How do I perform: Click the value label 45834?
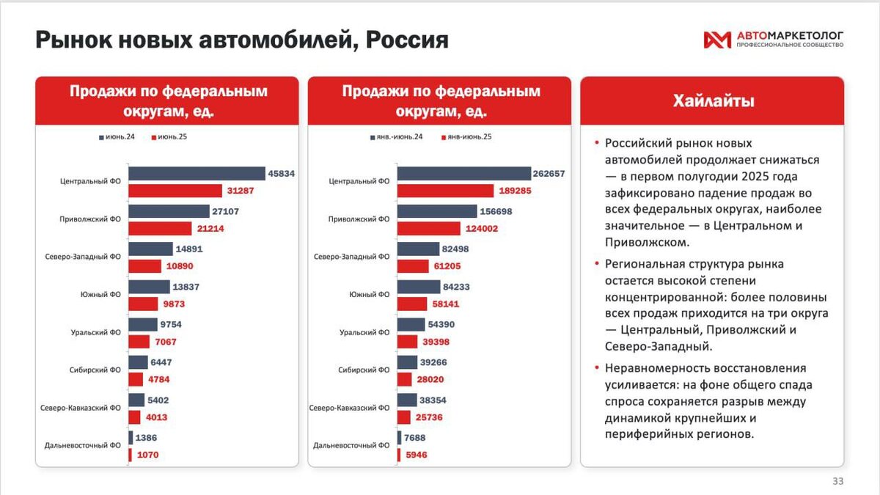click(282, 174)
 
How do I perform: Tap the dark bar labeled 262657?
click(463, 174)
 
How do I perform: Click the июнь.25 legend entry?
click(169, 137)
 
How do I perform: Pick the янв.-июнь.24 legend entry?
click(396, 137)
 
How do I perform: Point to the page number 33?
click(837, 481)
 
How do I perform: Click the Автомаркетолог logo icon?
click(716, 40)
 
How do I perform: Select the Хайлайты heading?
click(713, 101)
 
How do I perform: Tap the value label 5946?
click(415, 455)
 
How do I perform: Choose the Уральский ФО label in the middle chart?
click(364, 333)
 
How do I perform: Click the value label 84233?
click(456, 287)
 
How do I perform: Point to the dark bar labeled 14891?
click(150, 249)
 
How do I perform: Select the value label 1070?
click(147, 455)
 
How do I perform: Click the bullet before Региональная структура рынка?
click(598, 263)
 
